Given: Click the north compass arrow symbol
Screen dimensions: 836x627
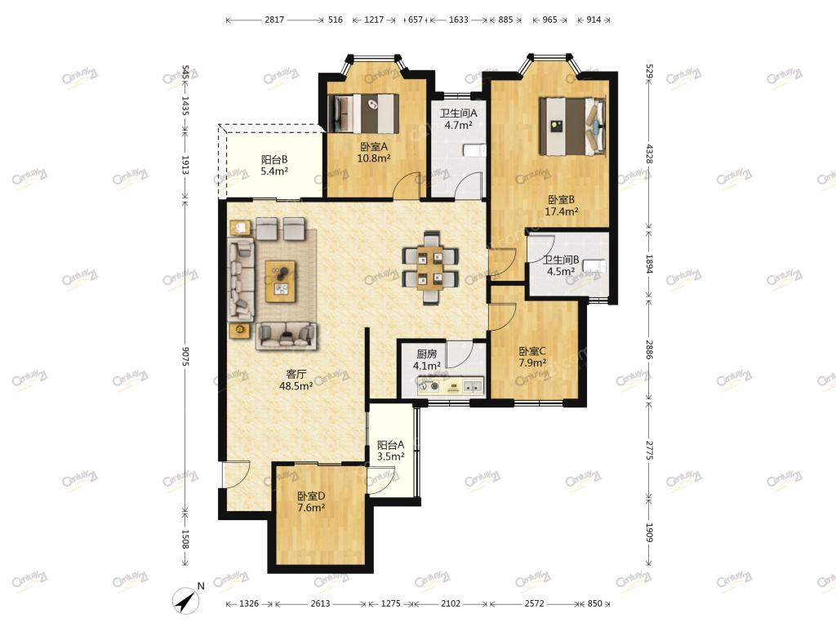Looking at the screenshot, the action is click(x=187, y=601).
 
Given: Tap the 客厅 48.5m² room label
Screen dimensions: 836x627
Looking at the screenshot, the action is click(x=296, y=380).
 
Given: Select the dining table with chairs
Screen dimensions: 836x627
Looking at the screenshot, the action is click(x=429, y=268).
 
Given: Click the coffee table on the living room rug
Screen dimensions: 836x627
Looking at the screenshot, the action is click(x=281, y=281).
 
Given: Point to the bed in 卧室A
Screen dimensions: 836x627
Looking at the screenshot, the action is click(x=363, y=113).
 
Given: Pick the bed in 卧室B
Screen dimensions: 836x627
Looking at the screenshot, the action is click(x=572, y=127).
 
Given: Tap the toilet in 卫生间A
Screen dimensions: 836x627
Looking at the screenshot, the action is click(x=474, y=151).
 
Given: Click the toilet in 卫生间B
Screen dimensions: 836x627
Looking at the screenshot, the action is click(x=594, y=265).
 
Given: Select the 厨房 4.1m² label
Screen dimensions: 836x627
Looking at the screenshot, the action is click(x=426, y=360).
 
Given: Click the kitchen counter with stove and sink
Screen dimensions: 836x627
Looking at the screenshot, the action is click(x=451, y=385).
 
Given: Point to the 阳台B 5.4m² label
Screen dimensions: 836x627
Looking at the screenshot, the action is click(x=274, y=165).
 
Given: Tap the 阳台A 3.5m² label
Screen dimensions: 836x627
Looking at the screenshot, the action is click(x=390, y=451).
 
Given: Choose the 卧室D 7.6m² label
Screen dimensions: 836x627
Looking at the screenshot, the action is click(x=311, y=502).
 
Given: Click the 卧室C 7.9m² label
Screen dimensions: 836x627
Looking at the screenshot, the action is click(x=532, y=358).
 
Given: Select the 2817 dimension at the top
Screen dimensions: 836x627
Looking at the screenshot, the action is click(x=274, y=20).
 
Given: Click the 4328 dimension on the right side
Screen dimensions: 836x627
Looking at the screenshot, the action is click(x=649, y=153).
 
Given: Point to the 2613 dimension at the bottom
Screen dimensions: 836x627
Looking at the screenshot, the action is click(x=320, y=603).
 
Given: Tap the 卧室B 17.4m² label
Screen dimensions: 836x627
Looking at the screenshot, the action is click(x=562, y=205).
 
